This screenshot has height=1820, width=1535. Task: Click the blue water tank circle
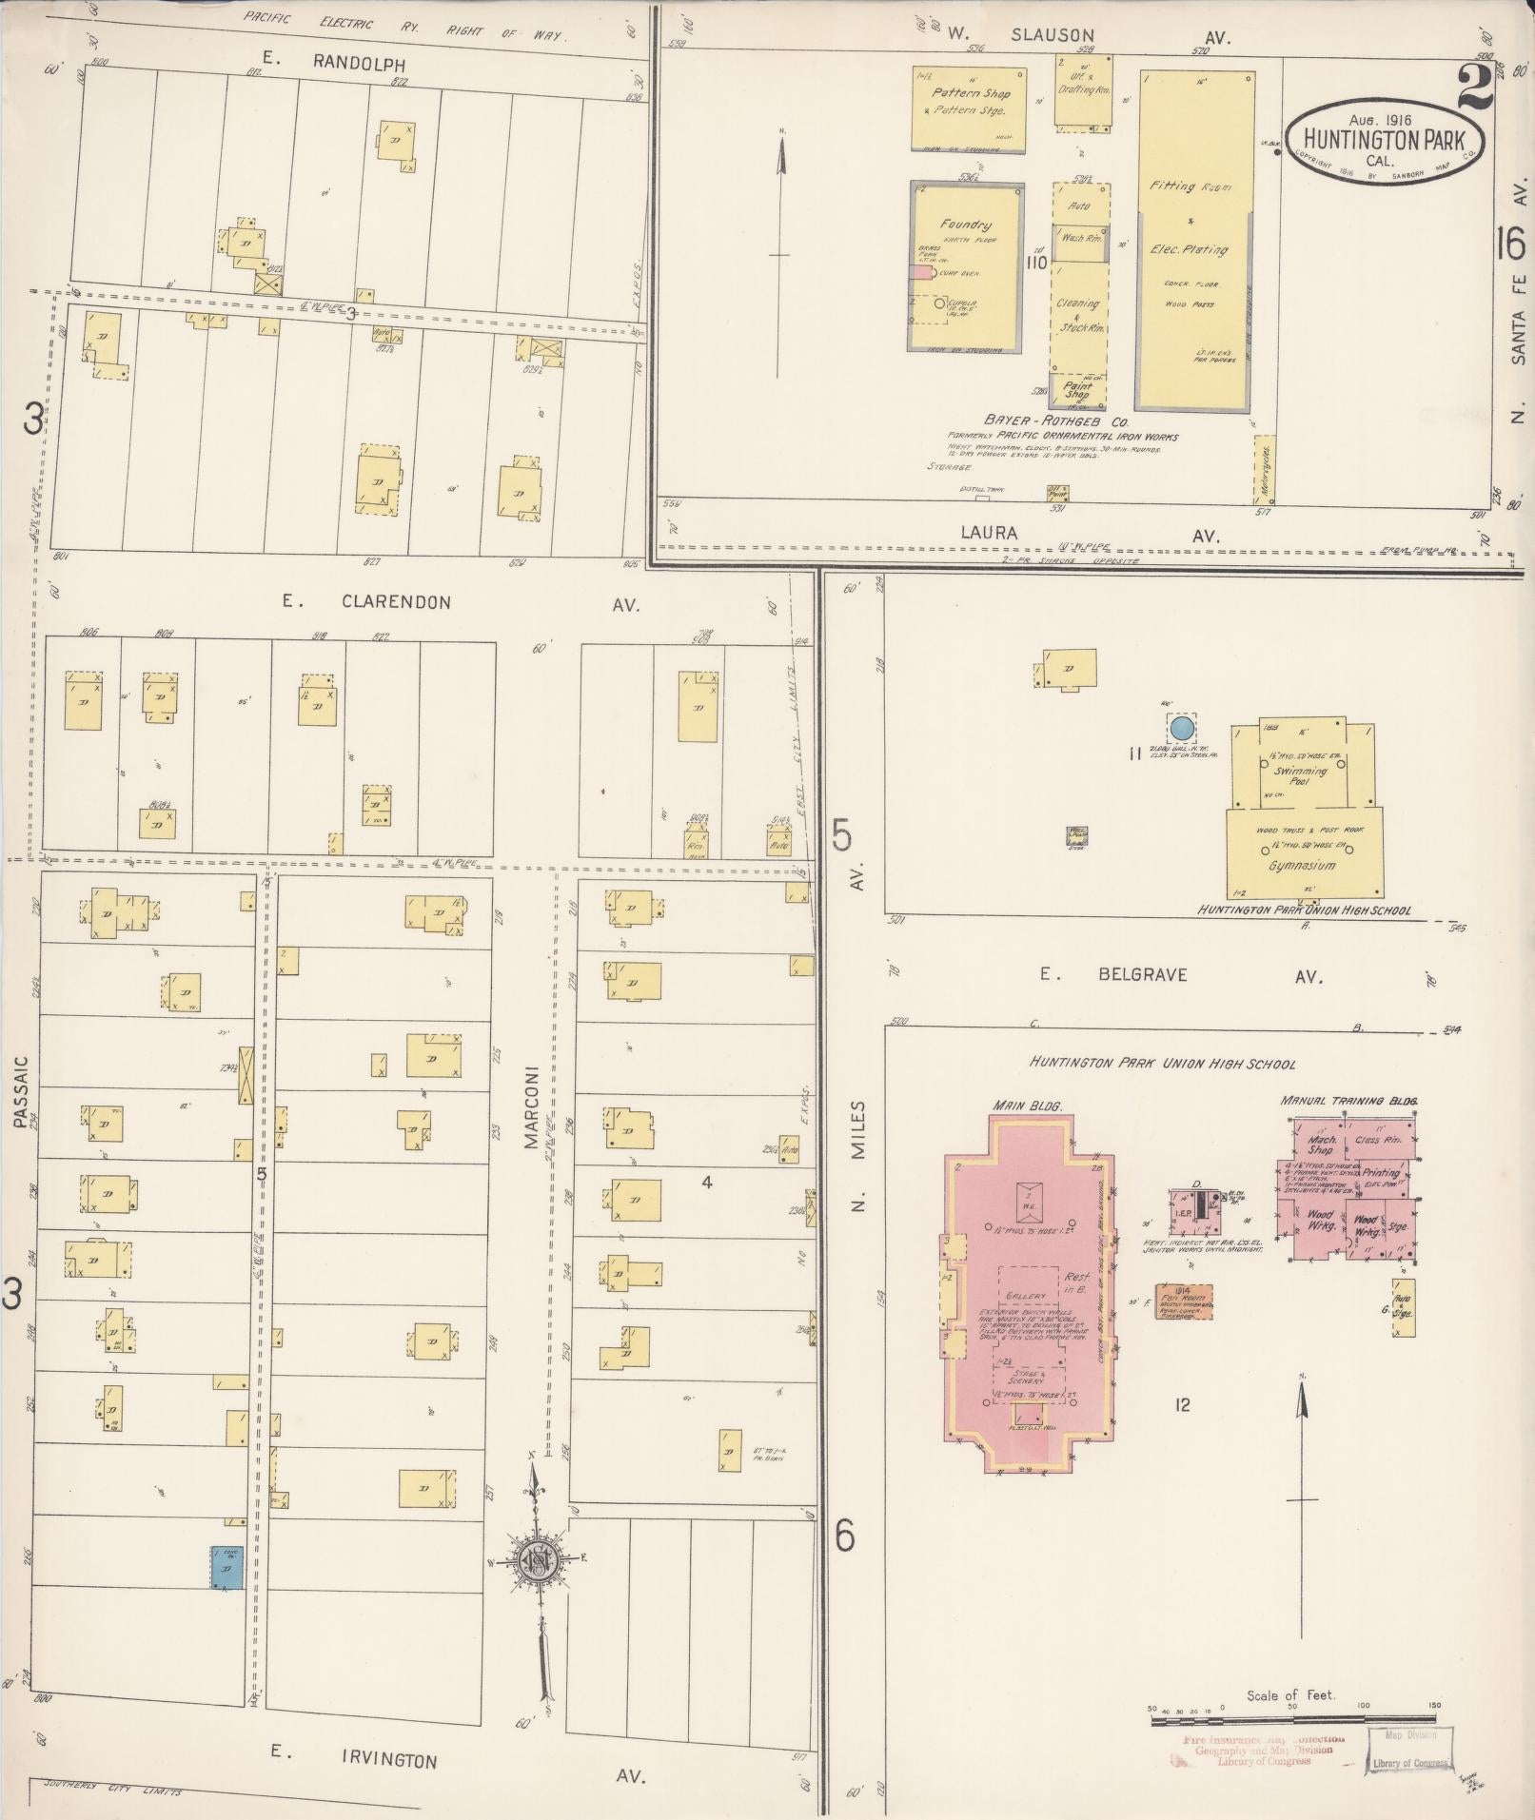click(x=1181, y=729)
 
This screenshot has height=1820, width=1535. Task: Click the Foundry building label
click(x=966, y=225)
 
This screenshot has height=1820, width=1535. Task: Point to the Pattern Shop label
click(x=971, y=93)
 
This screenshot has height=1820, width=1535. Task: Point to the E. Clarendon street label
click(x=366, y=602)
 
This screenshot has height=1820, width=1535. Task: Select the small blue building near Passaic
click(x=226, y=1566)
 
